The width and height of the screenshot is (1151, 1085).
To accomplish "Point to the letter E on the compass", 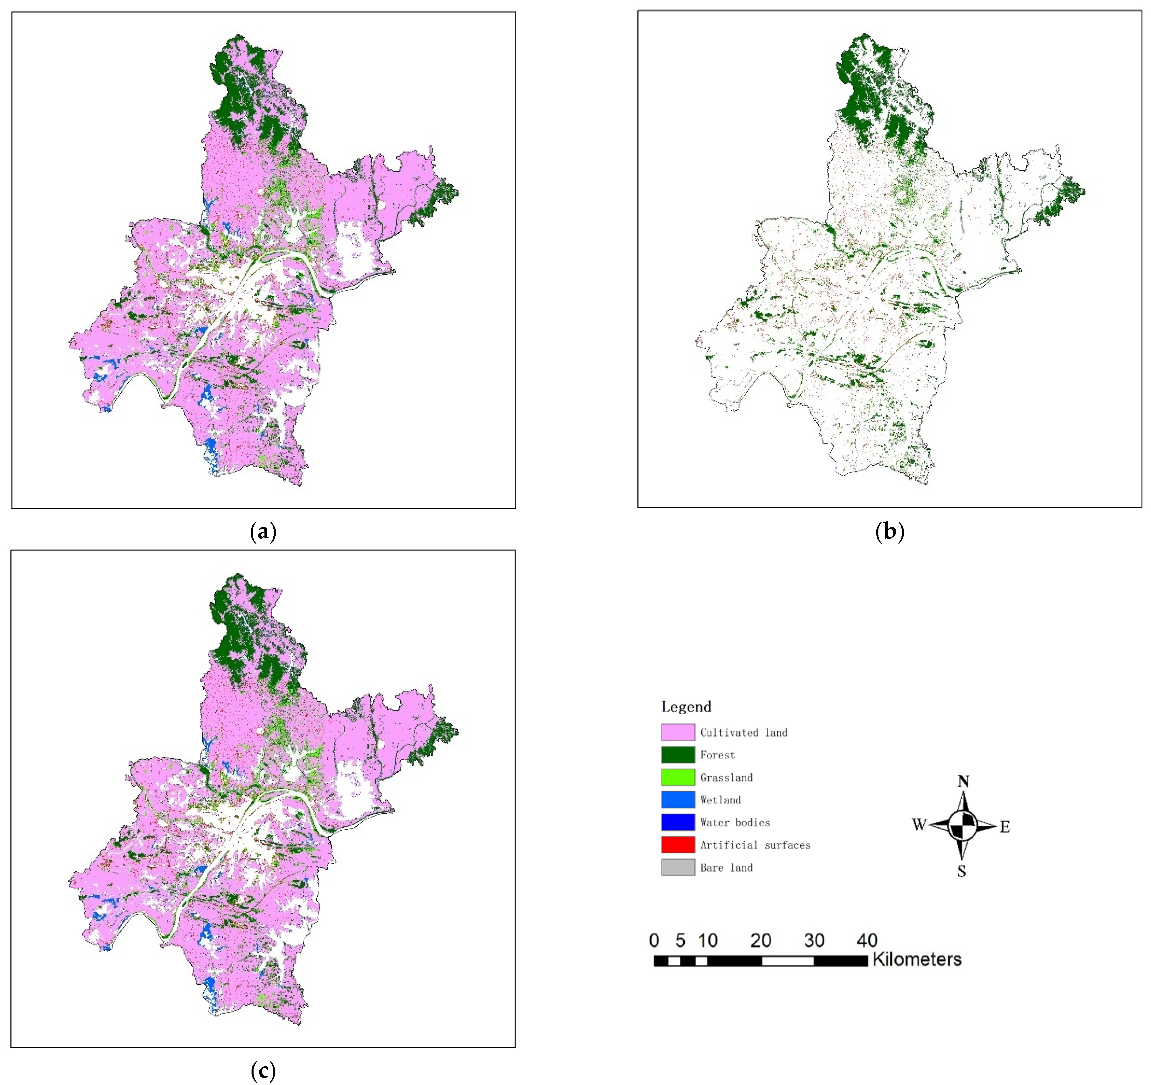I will pyautogui.click(x=1005, y=827).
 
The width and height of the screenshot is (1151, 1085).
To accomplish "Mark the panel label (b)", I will pyautogui.click(x=890, y=531).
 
